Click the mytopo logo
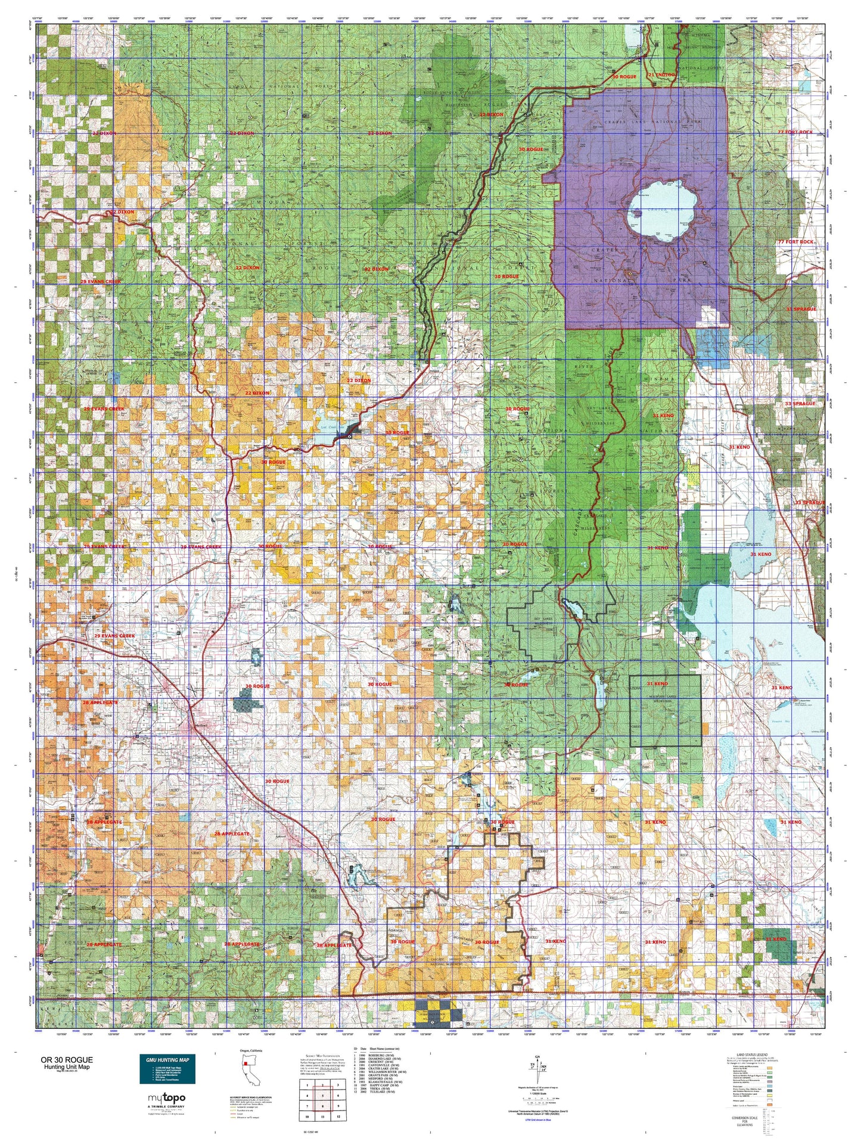(x=166, y=1097)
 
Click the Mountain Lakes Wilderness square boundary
(x=666, y=711)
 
